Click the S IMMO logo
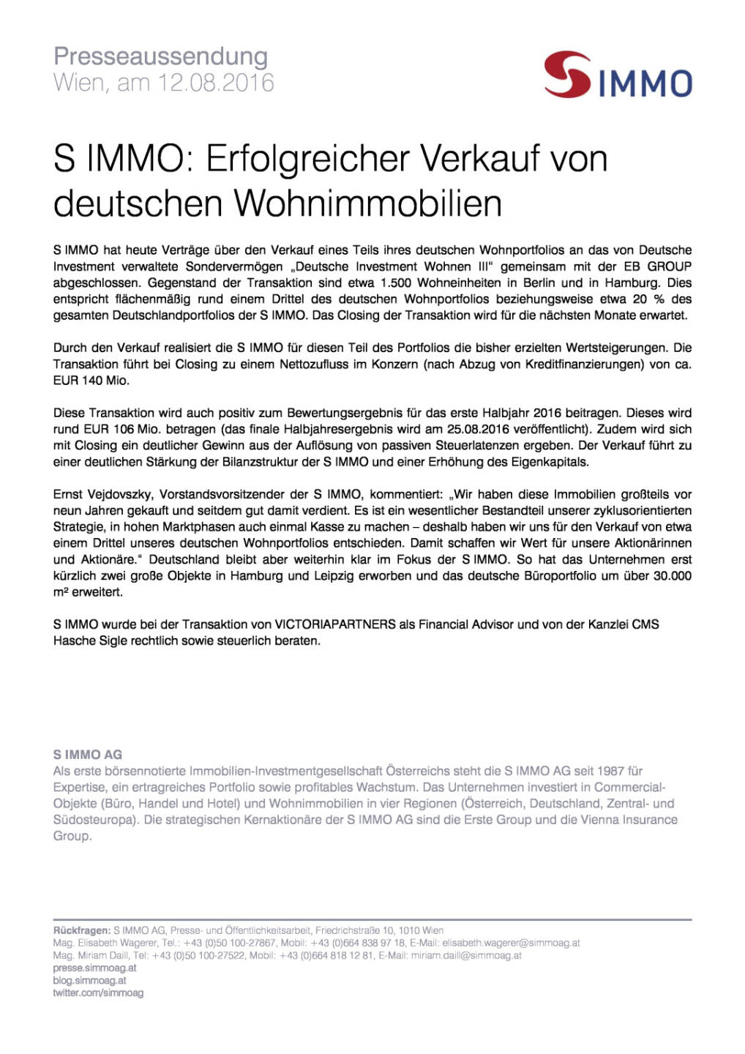618,75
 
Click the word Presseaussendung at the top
160,56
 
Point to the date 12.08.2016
216,83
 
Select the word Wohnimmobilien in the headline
368,203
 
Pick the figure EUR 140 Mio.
91,380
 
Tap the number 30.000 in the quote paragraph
672,575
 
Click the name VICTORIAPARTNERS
334,624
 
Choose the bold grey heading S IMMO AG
88,755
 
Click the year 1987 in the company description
610,771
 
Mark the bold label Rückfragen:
81,930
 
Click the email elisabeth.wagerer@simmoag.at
510,943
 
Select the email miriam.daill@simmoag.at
466,955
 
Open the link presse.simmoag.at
94,968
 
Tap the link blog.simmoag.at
89,980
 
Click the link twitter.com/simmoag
98,993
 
